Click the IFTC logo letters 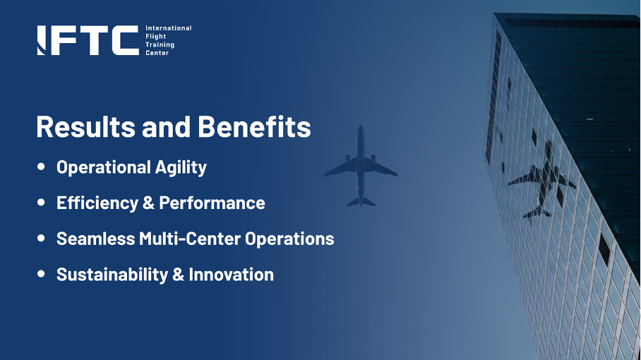pos(88,40)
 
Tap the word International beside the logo pos(168,28)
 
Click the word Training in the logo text pos(160,44)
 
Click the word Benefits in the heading pos(254,127)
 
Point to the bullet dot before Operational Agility pos(41,167)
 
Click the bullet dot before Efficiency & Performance pos(41,203)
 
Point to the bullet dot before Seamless pos(41,238)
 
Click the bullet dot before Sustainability pos(41,274)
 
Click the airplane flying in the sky pos(360,167)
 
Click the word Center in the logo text pos(157,53)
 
